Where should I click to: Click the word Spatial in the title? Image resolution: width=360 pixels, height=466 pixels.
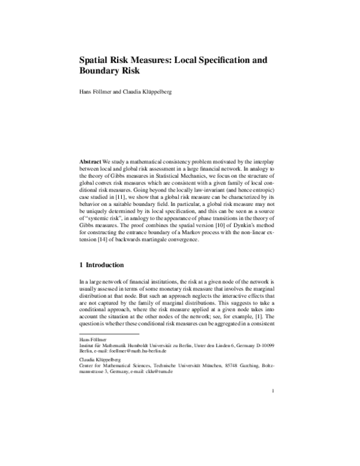pos(97,61)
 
